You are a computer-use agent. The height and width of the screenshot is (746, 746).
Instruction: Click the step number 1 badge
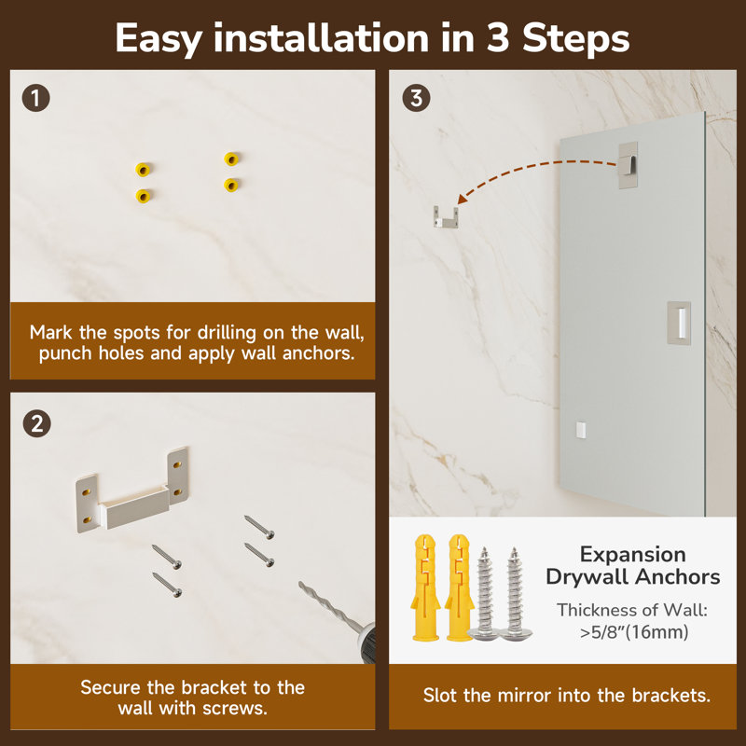point(36,99)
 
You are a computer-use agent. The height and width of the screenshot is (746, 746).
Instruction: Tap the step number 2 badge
point(36,424)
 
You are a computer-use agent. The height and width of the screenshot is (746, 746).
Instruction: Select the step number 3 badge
point(416,99)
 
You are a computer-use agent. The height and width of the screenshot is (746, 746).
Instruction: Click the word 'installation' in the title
point(321,38)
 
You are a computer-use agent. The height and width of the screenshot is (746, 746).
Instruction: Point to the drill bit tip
point(300,584)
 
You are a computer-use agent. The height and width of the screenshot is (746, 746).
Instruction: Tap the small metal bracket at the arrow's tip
point(446,217)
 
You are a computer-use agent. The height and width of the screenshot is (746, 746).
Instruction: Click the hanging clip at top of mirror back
point(628,165)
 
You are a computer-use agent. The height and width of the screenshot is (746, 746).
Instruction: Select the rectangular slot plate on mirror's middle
point(679,323)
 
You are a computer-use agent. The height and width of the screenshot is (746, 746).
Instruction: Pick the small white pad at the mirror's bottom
point(580,430)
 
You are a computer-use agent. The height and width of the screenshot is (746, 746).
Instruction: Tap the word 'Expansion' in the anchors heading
point(633,555)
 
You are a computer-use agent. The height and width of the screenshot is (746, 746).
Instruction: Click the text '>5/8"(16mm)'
point(634,632)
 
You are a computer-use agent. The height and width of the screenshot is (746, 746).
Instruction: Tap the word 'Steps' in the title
point(576,38)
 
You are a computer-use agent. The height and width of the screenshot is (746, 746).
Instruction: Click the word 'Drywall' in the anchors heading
point(587,577)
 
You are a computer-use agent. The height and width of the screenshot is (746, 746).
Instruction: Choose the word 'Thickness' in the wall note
point(595,610)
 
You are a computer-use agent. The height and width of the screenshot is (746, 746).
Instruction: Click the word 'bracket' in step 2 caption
point(214,687)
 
